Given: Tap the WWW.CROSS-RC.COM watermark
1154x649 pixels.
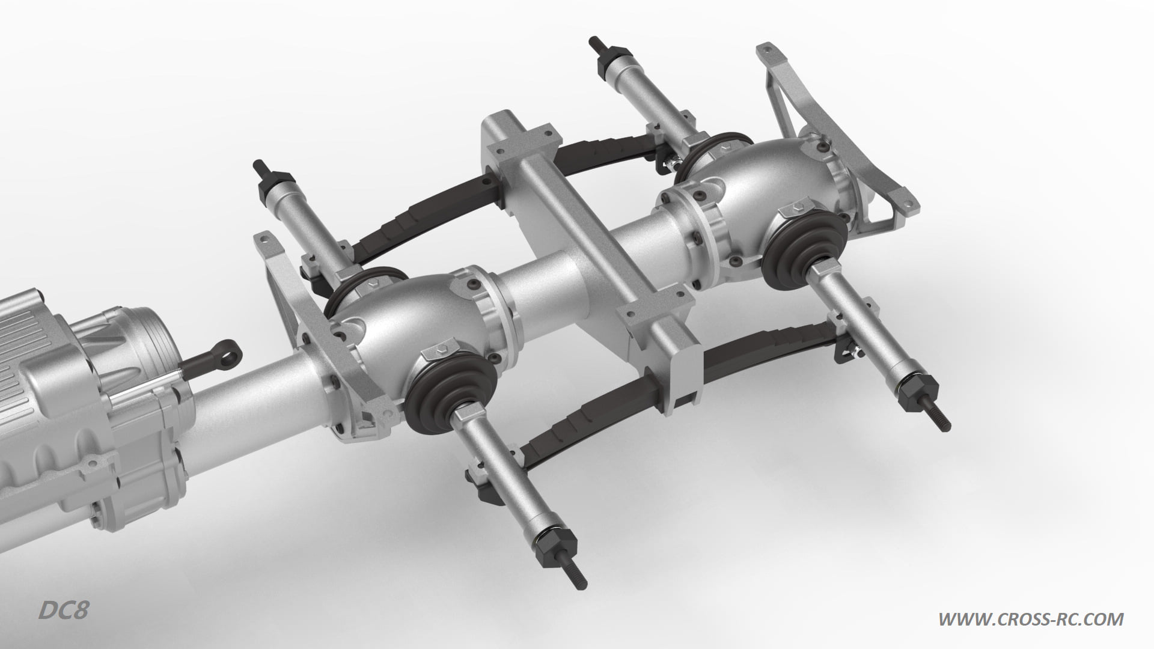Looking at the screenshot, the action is pyautogui.click(x=1031, y=618).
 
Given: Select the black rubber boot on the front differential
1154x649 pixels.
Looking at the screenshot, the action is pyautogui.click(x=451, y=391).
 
